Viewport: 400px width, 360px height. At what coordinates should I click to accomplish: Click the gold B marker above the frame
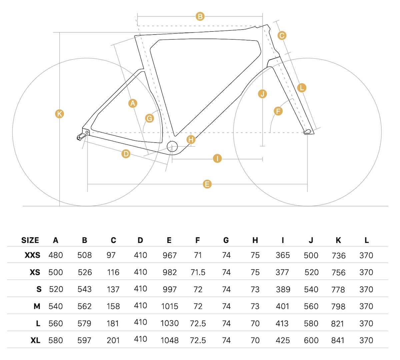[200, 16]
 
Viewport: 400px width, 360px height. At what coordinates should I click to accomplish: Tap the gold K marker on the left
[59, 114]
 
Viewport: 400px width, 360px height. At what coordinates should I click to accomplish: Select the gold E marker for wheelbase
[207, 184]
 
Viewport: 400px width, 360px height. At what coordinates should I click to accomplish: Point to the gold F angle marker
[278, 111]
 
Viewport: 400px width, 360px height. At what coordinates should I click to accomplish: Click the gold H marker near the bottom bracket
[191, 139]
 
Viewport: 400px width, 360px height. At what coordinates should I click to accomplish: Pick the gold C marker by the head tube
[282, 35]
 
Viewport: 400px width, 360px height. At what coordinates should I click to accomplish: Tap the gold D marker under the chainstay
[126, 154]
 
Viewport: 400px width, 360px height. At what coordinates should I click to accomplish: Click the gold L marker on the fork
[301, 88]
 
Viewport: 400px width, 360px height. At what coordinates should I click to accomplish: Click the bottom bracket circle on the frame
[172, 146]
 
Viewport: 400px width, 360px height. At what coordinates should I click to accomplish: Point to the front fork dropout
[308, 132]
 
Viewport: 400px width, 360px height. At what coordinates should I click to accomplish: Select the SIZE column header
[30, 240]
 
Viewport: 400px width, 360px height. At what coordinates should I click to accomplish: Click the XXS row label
[32, 255]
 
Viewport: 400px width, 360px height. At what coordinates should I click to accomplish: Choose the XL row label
[35, 340]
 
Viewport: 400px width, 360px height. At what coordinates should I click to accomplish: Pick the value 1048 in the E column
[170, 340]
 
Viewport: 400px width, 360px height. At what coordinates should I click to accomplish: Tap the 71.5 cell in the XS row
[198, 272]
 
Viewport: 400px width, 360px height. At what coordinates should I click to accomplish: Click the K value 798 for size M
[338, 306]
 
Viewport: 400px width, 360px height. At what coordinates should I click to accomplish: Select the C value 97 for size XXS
[111, 255]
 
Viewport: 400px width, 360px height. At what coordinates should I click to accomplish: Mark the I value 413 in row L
[283, 323]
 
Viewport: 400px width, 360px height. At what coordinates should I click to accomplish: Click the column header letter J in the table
[311, 240]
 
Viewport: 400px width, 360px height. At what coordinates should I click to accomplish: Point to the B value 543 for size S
[85, 289]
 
